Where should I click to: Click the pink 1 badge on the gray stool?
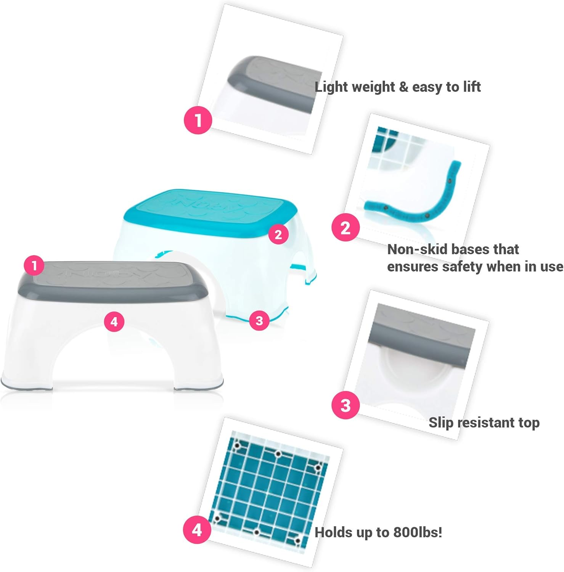pos(34,265)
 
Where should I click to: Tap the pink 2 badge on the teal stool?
pos(278,234)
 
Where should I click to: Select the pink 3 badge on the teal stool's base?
pos(259,320)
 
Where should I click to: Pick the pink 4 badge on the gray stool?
pos(114,322)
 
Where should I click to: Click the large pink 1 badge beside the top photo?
pos(198,121)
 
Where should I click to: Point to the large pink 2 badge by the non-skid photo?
pos(345,228)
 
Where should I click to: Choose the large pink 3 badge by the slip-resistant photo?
pos(345,405)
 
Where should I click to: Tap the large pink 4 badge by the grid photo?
pos(197,530)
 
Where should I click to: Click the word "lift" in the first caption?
pos(472,87)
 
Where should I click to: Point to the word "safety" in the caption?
pos(462,267)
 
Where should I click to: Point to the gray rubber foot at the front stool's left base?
pos(15,386)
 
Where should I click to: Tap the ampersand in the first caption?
pos(403,87)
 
